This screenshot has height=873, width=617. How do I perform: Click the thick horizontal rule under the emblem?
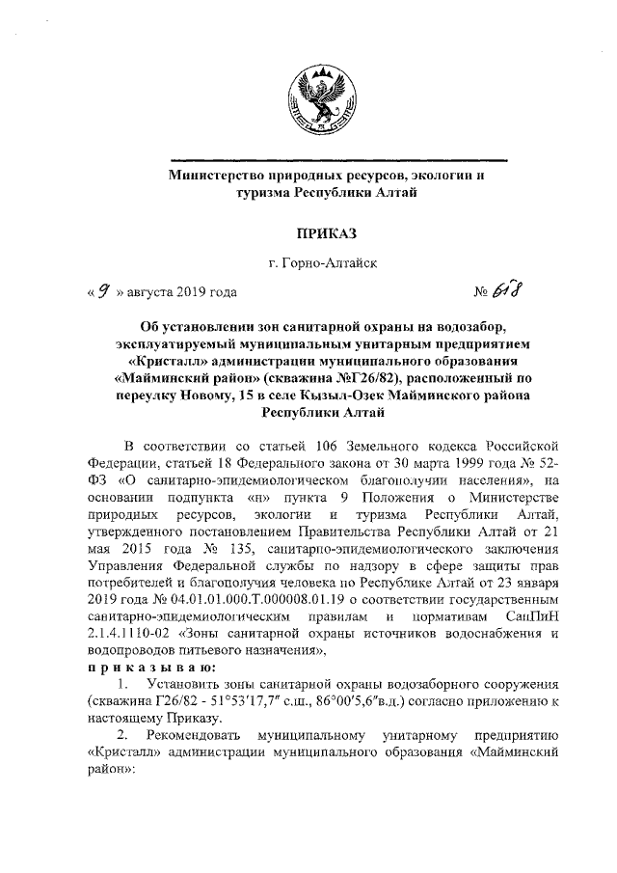[x=336, y=159]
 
